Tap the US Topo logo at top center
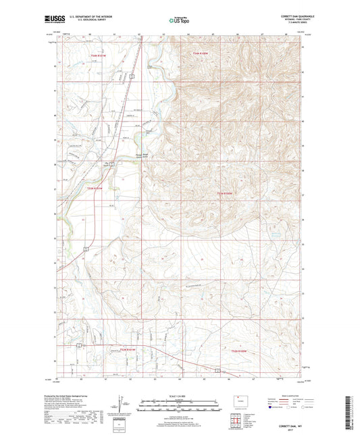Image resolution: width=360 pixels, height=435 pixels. pyautogui.click(x=178, y=21)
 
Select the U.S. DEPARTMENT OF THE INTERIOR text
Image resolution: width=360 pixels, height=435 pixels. pyautogui.click(x=94, y=16)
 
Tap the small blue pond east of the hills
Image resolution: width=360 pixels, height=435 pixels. pyautogui.click(x=276, y=235)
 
